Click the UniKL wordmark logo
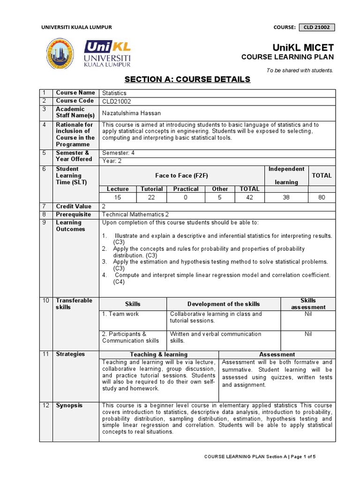(x=108, y=53)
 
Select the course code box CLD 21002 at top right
(x=316, y=27)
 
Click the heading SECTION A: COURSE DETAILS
(x=187, y=79)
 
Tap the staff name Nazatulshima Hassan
(x=132, y=113)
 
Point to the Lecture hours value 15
(x=118, y=197)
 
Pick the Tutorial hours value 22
(x=152, y=197)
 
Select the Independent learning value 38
(x=286, y=197)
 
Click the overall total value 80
(x=321, y=197)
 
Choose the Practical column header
(x=186, y=189)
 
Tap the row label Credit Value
(x=74, y=206)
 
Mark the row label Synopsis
(x=69, y=405)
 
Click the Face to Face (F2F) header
(x=181, y=175)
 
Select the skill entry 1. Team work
(x=120, y=314)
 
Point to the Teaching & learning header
(x=158, y=354)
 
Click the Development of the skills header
(x=224, y=304)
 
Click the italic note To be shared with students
(x=300, y=70)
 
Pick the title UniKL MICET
(x=303, y=48)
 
